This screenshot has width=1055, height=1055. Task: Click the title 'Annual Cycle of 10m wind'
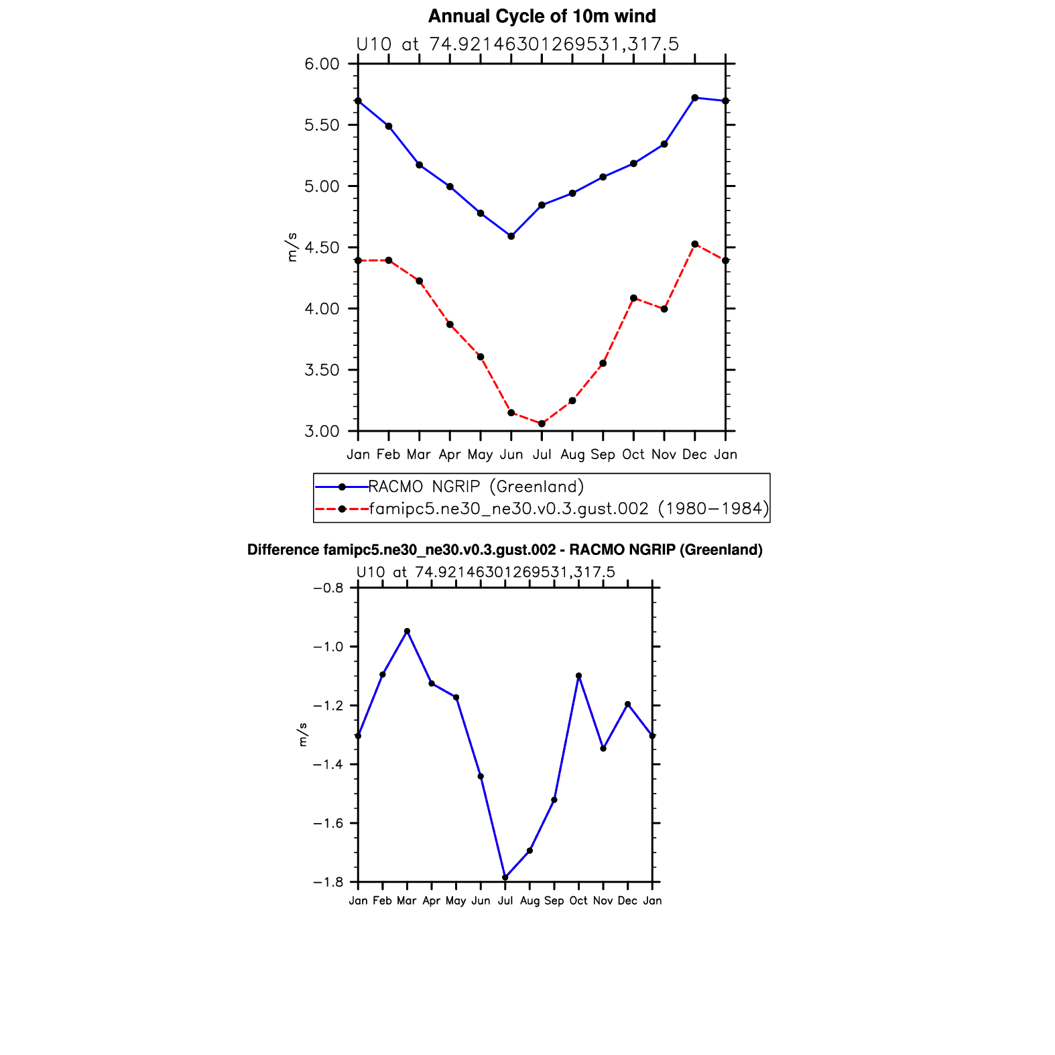point(542,16)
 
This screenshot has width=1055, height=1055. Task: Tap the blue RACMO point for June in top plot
point(511,236)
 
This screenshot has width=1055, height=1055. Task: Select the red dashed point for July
point(542,424)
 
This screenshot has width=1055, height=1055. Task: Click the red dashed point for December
point(694,244)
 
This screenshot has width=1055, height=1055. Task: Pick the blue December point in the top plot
point(694,98)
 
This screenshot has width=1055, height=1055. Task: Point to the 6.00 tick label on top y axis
point(322,64)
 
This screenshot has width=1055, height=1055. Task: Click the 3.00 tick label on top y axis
point(322,432)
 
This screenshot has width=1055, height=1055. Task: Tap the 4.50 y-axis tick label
point(322,248)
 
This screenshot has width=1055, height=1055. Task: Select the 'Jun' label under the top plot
point(511,455)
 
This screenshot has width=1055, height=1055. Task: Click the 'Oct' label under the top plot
point(633,455)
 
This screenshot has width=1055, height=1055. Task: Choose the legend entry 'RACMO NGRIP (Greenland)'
point(476,487)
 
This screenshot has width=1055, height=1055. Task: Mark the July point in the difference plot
point(505,877)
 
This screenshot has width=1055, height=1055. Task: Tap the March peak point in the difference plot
point(407,631)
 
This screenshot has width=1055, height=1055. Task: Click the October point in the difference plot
point(578,676)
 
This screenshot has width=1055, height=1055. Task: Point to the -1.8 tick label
point(328,883)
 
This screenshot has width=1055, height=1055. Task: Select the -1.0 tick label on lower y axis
point(328,647)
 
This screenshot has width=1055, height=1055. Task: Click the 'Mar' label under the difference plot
point(407,901)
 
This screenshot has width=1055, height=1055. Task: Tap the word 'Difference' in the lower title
point(284,550)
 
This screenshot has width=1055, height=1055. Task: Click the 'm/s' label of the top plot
point(292,247)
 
